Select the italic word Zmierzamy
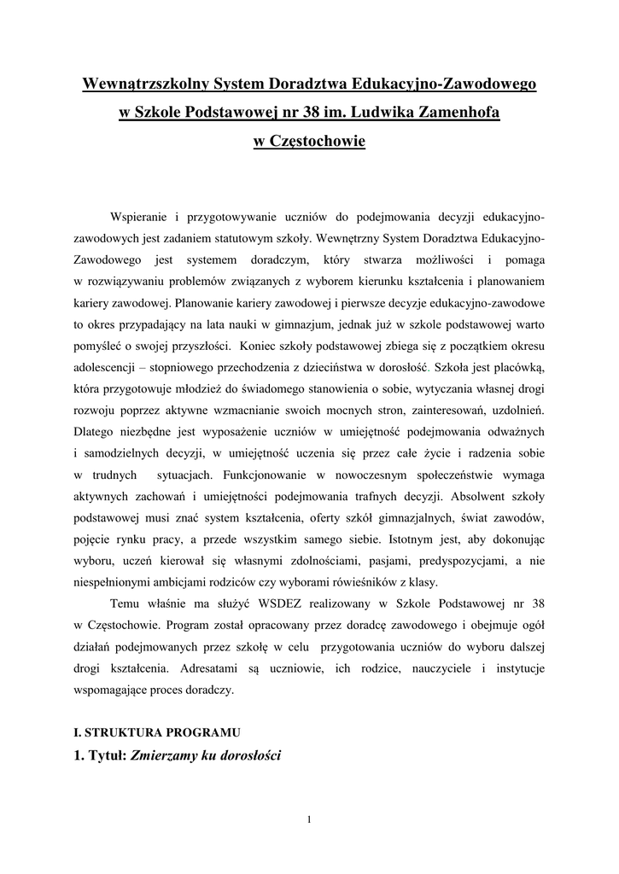click(x=163, y=755)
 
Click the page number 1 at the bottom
click(x=309, y=821)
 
